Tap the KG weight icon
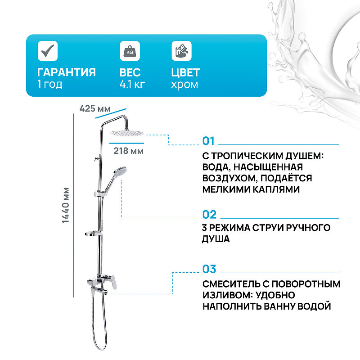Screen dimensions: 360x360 [x=129, y=51]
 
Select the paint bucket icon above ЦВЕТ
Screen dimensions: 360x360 [x=181, y=51]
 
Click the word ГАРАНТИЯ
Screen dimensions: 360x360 [x=66, y=72]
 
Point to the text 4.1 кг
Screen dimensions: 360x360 [x=132, y=85]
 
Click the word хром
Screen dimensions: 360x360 [x=184, y=85]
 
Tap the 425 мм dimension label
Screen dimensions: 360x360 [x=94, y=108]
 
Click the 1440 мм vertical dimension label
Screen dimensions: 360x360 [x=66, y=205]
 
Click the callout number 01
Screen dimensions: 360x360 [x=209, y=141]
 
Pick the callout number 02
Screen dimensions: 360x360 [x=209, y=214]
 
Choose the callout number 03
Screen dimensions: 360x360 [x=209, y=269]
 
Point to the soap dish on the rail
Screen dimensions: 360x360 [x=94, y=234]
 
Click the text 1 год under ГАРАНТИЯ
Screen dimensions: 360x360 [x=49, y=85]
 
